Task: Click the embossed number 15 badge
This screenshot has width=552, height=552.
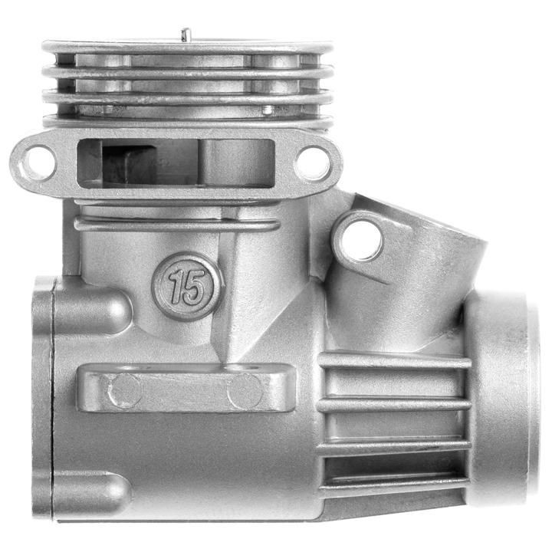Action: coord(186,286)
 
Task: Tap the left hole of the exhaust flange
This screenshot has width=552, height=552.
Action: coord(38,163)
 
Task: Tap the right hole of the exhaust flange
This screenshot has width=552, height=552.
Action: coord(313,163)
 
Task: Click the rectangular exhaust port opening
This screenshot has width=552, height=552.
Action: coord(176,163)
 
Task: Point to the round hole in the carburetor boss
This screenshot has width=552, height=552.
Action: coord(362,242)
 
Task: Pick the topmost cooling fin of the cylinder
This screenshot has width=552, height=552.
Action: coord(187,47)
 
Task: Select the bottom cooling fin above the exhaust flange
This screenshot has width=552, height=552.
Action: coord(187,121)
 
